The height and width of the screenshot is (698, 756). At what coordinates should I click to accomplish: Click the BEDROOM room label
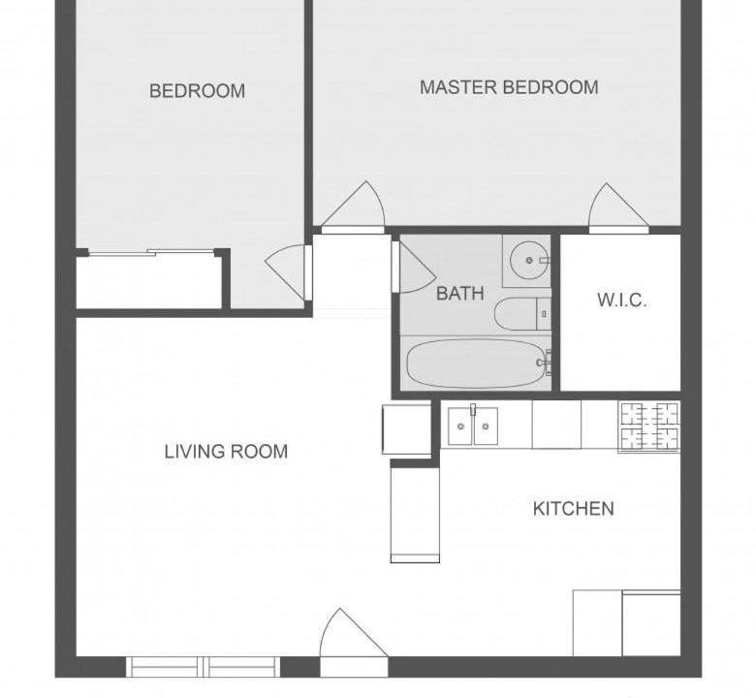pyautogui.click(x=197, y=91)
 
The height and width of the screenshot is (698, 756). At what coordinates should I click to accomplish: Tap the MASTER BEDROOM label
pyautogui.click(x=509, y=87)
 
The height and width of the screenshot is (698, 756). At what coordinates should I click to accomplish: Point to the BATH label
pyautogui.click(x=460, y=294)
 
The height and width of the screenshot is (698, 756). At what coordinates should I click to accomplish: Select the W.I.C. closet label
pyautogui.click(x=621, y=300)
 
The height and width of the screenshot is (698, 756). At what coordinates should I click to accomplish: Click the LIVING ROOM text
pyautogui.click(x=226, y=452)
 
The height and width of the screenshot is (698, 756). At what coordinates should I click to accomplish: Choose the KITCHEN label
pyautogui.click(x=573, y=508)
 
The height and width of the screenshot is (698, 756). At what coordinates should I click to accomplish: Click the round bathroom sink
pyautogui.click(x=529, y=261)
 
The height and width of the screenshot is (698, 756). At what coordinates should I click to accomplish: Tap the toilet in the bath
pyautogui.click(x=522, y=314)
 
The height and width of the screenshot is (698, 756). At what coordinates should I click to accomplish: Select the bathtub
pyautogui.click(x=476, y=365)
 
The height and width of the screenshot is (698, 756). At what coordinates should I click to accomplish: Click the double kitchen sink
pyautogui.click(x=473, y=426)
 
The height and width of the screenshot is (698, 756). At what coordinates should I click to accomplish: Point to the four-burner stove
pyautogui.click(x=649, y=427)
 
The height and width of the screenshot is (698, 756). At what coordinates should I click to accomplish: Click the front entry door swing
pyautogui.click(x=354, y=633)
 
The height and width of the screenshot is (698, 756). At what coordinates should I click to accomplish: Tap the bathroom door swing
pyautogui.click(x=415, y=268)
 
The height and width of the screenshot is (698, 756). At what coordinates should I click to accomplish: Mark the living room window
pyautogui.click(x=203, y=667)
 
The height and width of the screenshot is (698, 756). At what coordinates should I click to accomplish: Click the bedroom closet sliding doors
pyautogui.click(x=151, y=252)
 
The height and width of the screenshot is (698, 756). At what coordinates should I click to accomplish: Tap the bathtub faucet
pyautogui.click(x=545, y=363)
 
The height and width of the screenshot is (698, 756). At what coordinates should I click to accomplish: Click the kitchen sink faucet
pyautogui.click(x=473, y=409)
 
